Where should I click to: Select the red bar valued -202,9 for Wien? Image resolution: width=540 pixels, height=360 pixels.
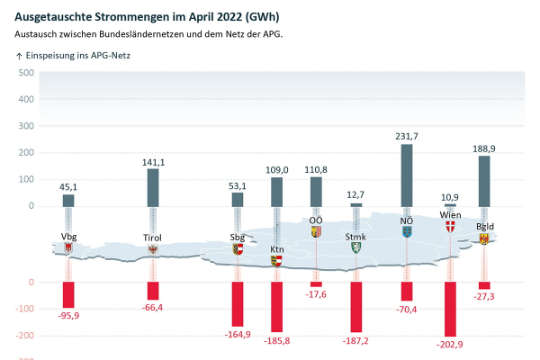(450, 309)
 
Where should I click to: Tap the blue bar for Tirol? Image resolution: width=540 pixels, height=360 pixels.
(153, 186)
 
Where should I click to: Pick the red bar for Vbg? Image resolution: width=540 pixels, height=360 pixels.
(68, 294)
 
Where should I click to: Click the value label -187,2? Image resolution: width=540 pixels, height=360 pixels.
(356, 340)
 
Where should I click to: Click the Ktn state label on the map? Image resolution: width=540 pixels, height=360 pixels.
(277, 248)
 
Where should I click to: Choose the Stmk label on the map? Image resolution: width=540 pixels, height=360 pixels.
(355, 237)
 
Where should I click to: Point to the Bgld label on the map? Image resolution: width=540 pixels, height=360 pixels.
(484, 227)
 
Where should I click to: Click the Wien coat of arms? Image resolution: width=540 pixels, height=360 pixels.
(450, 227)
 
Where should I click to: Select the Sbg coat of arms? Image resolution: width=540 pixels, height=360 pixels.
(238, 249)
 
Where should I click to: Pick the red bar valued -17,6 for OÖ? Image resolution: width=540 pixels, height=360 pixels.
(316, 284)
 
